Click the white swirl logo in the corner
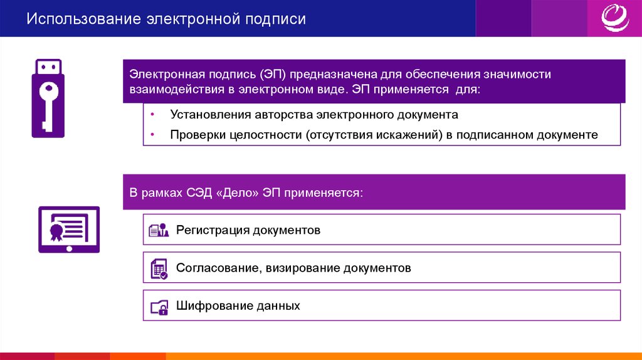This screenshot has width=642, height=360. [615, 18]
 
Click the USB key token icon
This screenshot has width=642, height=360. [48, 98]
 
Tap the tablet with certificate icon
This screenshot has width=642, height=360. [69, 230]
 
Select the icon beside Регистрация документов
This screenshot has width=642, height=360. [159, 230]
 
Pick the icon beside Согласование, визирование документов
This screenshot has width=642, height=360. [159, 268]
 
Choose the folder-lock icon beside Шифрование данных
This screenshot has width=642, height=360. [159, 307]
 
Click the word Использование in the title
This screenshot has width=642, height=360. [84, 19]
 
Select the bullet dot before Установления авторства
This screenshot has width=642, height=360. [152, 114]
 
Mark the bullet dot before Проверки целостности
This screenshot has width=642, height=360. [152, 134]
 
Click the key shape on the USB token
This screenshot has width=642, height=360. [48, 105]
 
